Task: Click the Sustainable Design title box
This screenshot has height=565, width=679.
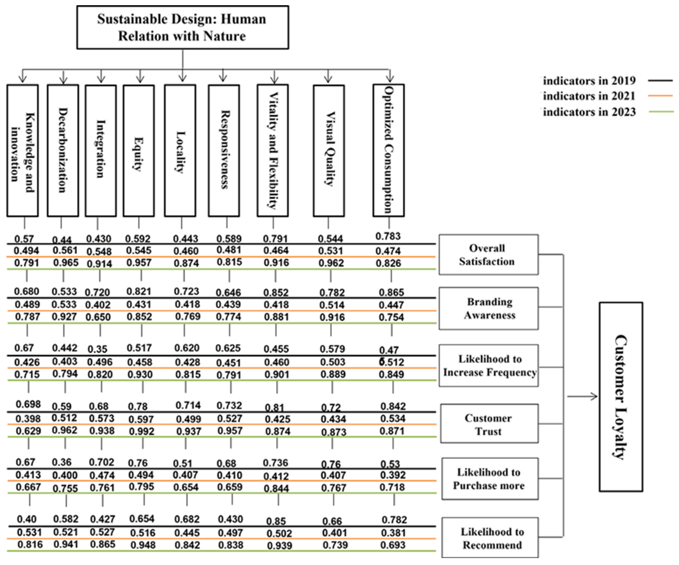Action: point(182,27)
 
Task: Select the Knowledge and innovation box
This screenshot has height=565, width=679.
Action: point(23,151)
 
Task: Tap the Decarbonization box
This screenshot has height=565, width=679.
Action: point(63,151)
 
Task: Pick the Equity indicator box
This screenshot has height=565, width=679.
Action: point(139,151)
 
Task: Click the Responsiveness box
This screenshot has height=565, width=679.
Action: point(224,151)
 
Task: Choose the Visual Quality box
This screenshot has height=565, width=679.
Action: point(329,151)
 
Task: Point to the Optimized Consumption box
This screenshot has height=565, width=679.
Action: point(388,151)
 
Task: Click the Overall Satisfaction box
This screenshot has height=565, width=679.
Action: point(488,255)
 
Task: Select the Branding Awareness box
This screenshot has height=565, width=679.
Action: point(488,308)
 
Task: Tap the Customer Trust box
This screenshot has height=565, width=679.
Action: point(489,424)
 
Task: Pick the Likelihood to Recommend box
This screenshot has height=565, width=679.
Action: point(490,538)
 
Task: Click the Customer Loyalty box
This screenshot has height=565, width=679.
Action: point(621,397)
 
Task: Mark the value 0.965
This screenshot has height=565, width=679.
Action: point(66,263)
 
